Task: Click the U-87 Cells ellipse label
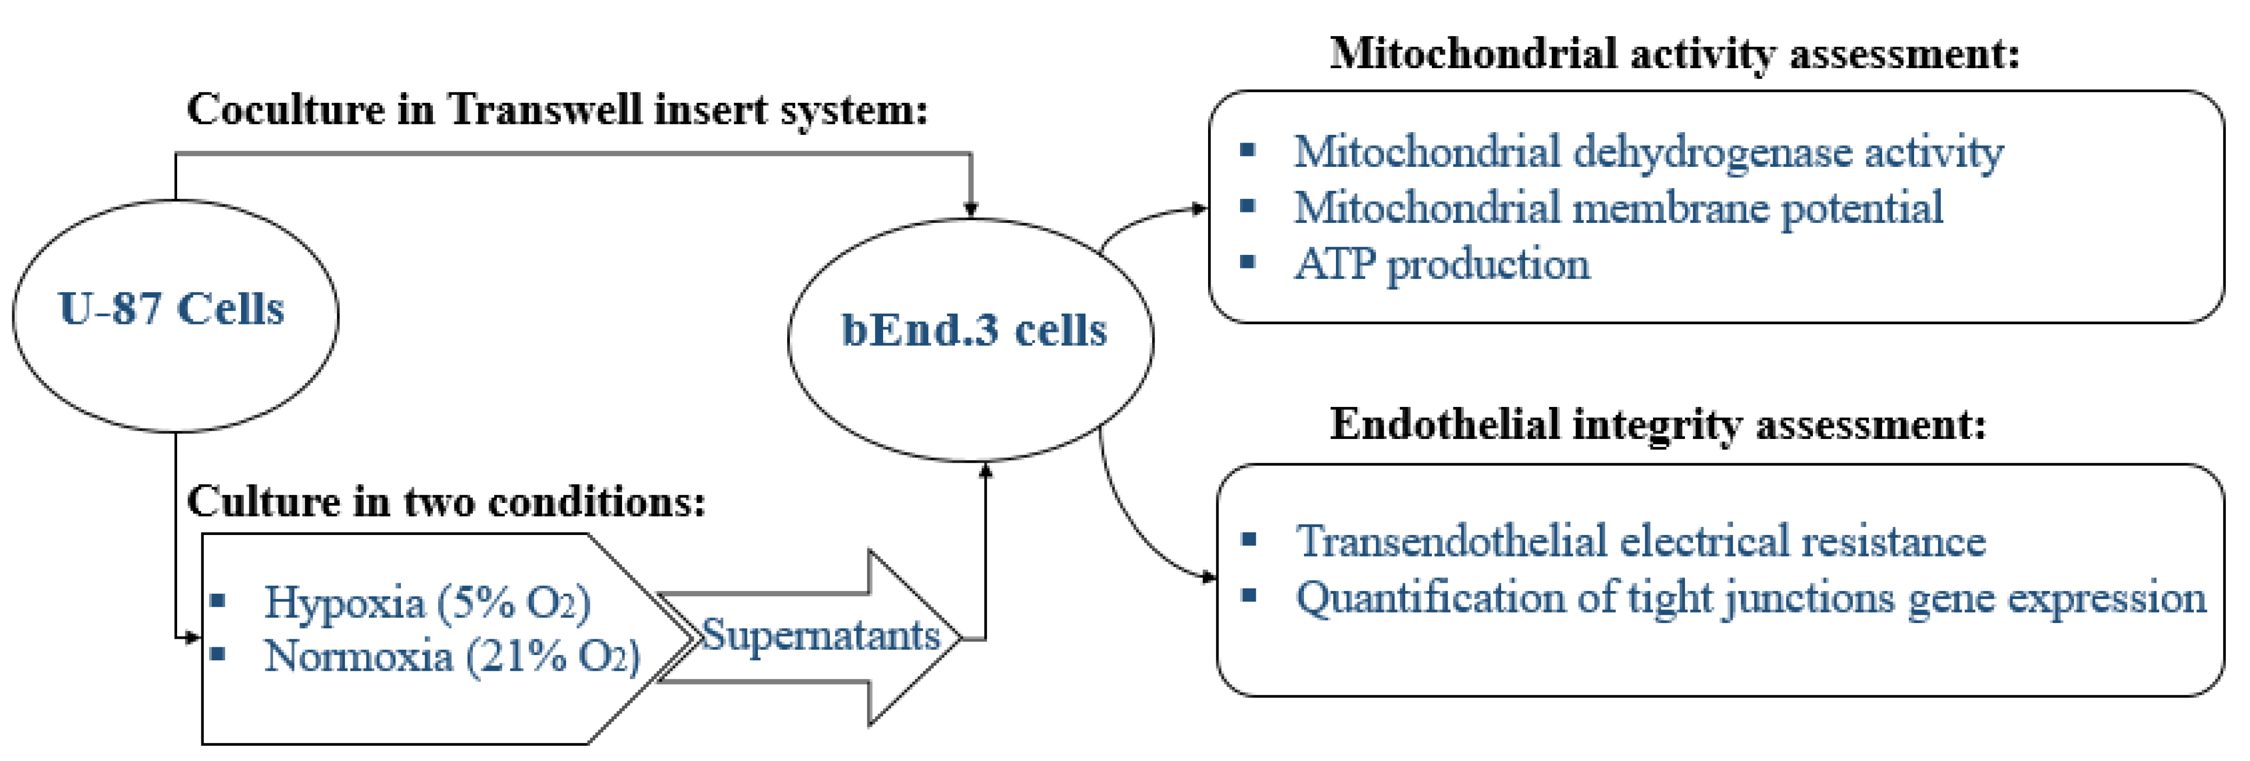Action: point(171,308)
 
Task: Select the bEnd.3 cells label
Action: point(973,330)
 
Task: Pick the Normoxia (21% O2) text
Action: point(452,656)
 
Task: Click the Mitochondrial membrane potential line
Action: point(1617,208)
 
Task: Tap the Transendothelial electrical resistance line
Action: point(1640,541)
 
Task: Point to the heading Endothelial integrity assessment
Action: point(1658,425)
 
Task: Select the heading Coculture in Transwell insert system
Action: point(557,110)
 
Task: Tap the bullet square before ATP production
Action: point(1247,261)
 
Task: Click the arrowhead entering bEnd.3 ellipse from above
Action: point(971,210)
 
